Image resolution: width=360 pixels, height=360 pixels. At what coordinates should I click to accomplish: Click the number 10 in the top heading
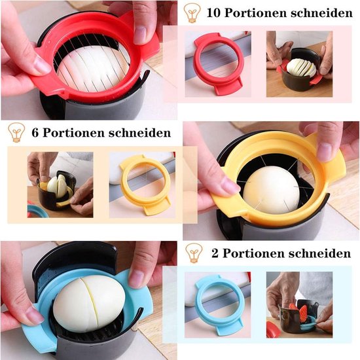[213, 13]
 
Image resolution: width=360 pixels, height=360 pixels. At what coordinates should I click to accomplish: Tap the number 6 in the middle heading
[35, 133]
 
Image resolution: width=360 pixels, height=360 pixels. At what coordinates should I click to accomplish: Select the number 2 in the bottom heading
[215, 253]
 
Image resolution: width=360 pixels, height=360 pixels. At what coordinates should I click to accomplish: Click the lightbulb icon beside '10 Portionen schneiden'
[192, 12]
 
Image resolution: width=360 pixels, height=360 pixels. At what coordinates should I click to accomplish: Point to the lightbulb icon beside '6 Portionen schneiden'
[16, 132]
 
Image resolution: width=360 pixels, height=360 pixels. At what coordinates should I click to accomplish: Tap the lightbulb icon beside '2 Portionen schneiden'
[194, 253]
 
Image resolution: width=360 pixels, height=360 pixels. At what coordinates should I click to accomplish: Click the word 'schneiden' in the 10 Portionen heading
[321, 13]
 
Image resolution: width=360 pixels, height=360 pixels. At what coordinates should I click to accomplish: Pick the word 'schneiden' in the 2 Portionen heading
[320, 253]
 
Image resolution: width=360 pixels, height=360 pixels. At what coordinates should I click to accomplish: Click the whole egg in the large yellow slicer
[272, 190]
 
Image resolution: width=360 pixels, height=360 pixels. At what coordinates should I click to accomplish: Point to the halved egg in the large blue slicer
[89, 304]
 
